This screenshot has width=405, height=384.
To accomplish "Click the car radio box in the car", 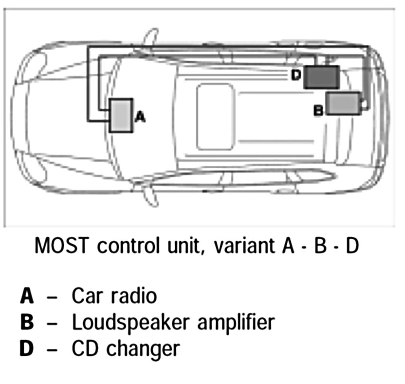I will point(121,115).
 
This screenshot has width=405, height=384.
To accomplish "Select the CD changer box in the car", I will point(321,77).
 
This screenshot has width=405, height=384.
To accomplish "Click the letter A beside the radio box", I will point(139,117).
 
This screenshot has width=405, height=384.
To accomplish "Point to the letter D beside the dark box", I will point(297,75).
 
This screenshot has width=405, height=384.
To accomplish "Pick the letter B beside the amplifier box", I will point(318,111).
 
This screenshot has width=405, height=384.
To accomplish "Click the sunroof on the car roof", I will point(215,116).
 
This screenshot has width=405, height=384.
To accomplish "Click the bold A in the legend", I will point(27,296).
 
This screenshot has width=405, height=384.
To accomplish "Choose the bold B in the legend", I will point(27,322).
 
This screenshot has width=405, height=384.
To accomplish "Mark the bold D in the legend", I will point(27,348).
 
